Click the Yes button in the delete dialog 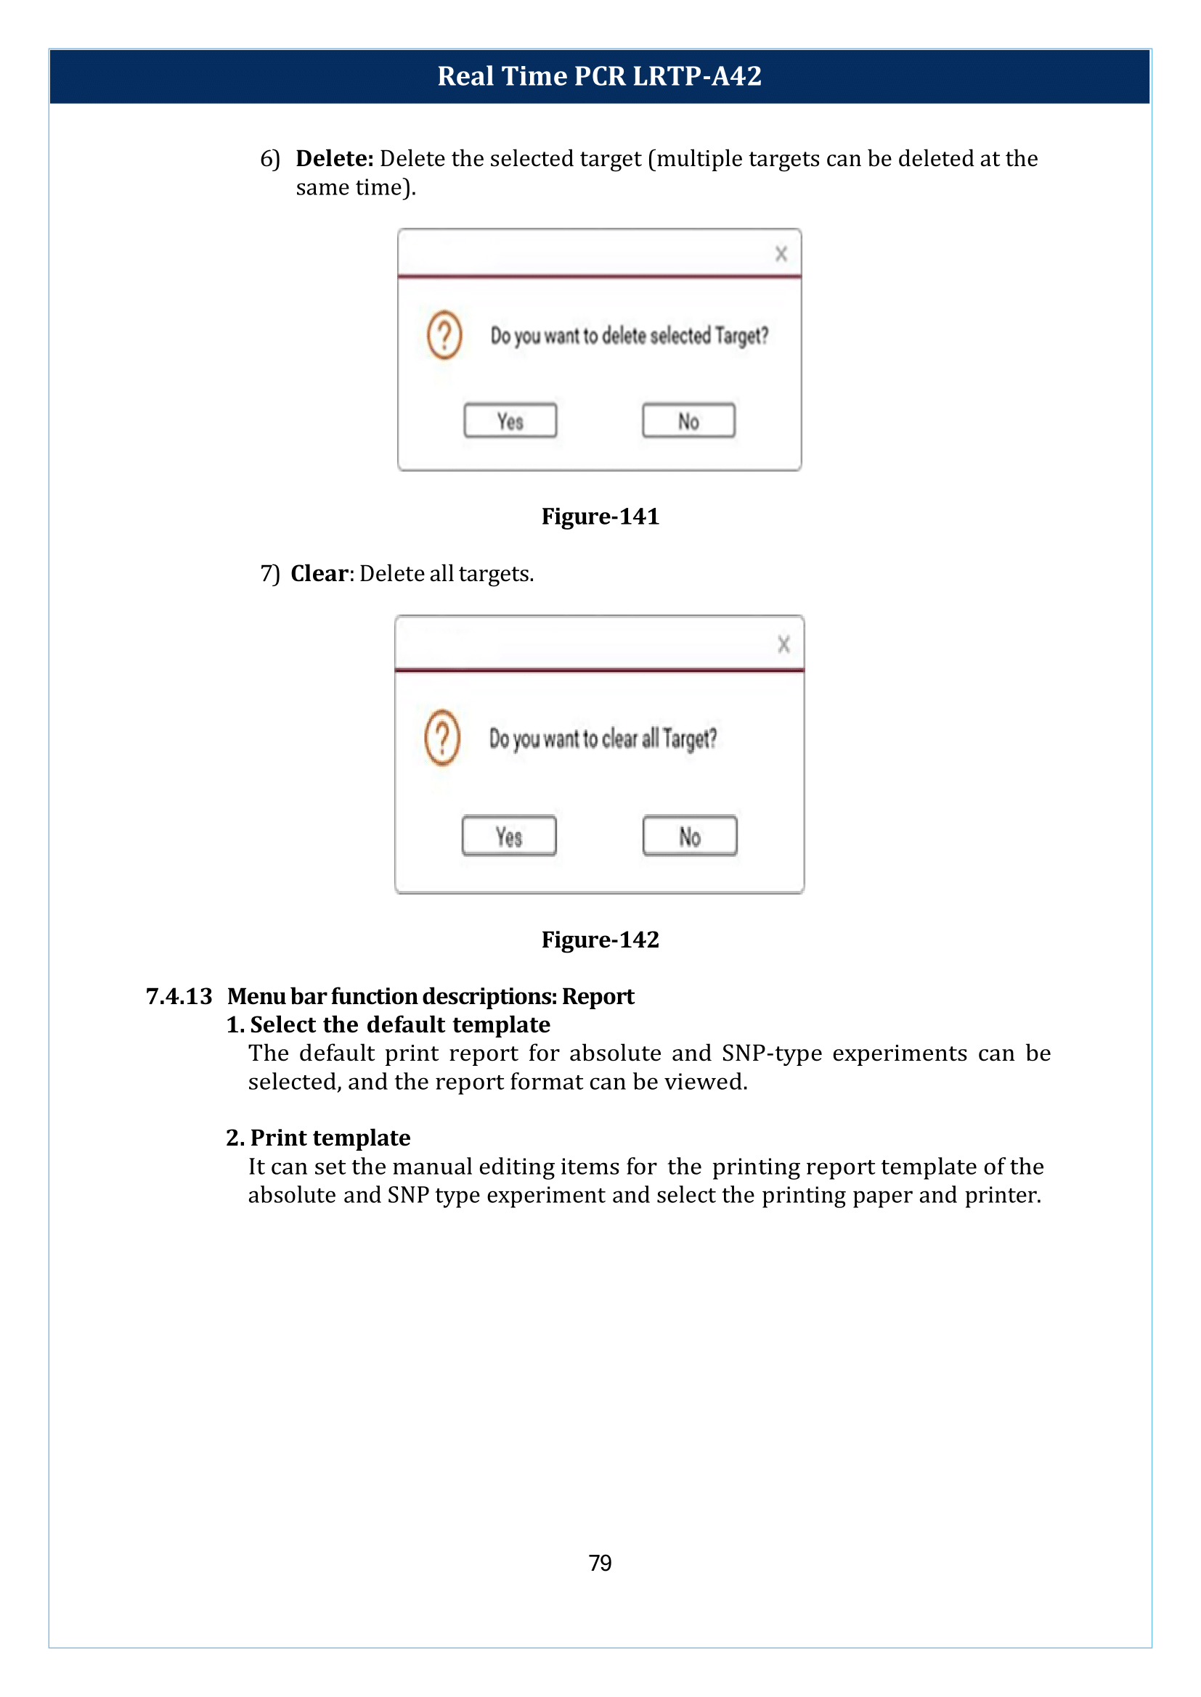coord(510,421)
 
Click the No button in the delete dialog coord(688,421)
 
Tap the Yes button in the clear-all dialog coord(509,836)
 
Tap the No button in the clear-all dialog coord(690,836)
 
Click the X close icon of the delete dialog coord(781,253)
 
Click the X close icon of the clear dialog coord(784,644)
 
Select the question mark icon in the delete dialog coord(444,336)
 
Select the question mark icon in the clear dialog coord(442,737)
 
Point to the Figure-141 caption coord(600,516)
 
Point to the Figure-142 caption coord(600,940)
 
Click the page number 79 coord(600,1563)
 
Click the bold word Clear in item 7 coord(319,574)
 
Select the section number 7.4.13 coord(179,996)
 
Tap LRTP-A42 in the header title coord(697,76)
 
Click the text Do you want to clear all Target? coord(603,739)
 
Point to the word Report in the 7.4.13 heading coord(598,996)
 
